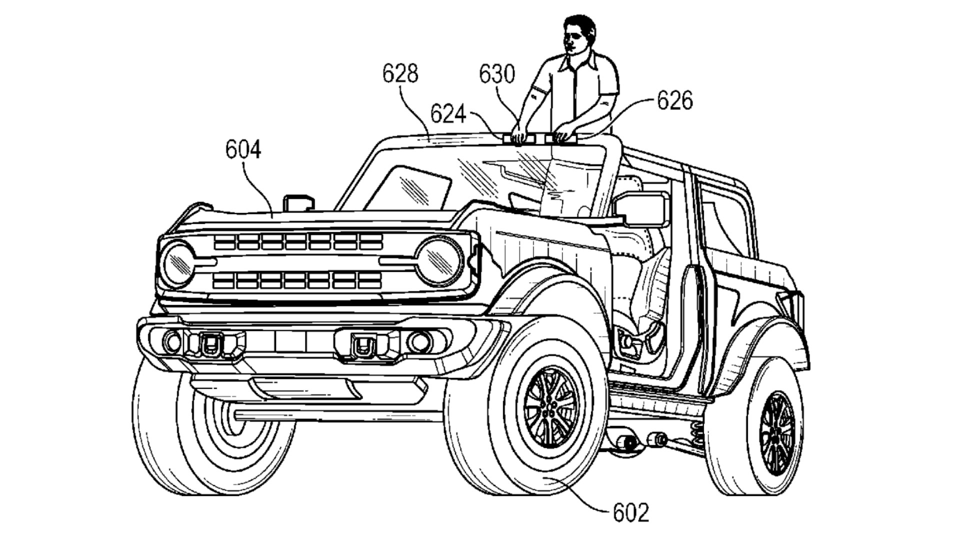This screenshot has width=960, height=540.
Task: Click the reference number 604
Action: [243, 149]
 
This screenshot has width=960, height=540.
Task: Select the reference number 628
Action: [400, 74]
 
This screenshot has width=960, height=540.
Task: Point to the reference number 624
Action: [448, 114]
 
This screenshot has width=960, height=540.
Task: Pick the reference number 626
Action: [674, 100]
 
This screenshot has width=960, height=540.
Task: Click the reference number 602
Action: [630, 512]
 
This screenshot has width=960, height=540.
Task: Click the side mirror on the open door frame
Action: [640, 209]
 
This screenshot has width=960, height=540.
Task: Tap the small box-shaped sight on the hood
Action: [298, 202]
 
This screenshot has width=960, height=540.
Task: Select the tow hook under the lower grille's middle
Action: [364, 344]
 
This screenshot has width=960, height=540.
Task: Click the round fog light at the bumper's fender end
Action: [419, 341]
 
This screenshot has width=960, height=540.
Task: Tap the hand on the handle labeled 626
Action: [562, 132]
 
